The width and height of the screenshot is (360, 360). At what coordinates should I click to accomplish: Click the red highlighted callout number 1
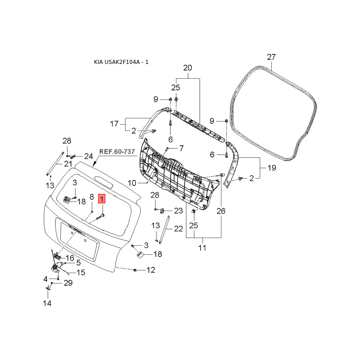(102, 199)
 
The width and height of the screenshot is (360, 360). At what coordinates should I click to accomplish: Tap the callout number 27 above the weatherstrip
(271, 57)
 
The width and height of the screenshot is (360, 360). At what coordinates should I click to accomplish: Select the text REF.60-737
(117, 152)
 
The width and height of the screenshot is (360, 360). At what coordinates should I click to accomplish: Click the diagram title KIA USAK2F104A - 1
(121, 62)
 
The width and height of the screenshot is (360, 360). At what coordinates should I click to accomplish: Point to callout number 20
(188, 68)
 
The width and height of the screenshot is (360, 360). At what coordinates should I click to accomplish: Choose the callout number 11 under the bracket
(202, 248)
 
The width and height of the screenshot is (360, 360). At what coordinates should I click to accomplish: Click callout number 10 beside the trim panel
(132, 183)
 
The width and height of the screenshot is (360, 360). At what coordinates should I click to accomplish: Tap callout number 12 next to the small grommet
(151, 270)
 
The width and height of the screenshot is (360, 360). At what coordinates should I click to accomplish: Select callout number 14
(47, 303)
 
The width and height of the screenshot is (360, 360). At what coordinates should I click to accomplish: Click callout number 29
(68, 283)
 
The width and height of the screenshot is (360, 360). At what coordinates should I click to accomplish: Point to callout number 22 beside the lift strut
(178, 229)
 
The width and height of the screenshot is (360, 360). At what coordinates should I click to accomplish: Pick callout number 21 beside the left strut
(68, 164)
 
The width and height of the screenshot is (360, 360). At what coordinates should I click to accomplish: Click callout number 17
(114, 124)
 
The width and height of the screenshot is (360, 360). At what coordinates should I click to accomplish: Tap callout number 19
(272, 168)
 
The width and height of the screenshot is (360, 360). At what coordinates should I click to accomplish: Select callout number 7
(181, 148)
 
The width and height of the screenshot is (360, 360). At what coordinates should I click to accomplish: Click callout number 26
(221, 211)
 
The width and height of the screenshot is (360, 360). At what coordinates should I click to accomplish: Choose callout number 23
(178, 211)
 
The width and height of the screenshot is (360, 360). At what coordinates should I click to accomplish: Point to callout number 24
(88, 156)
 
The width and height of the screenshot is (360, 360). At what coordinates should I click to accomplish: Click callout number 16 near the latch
(70, 258)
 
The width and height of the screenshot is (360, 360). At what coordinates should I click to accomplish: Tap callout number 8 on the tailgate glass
(92, 197)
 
